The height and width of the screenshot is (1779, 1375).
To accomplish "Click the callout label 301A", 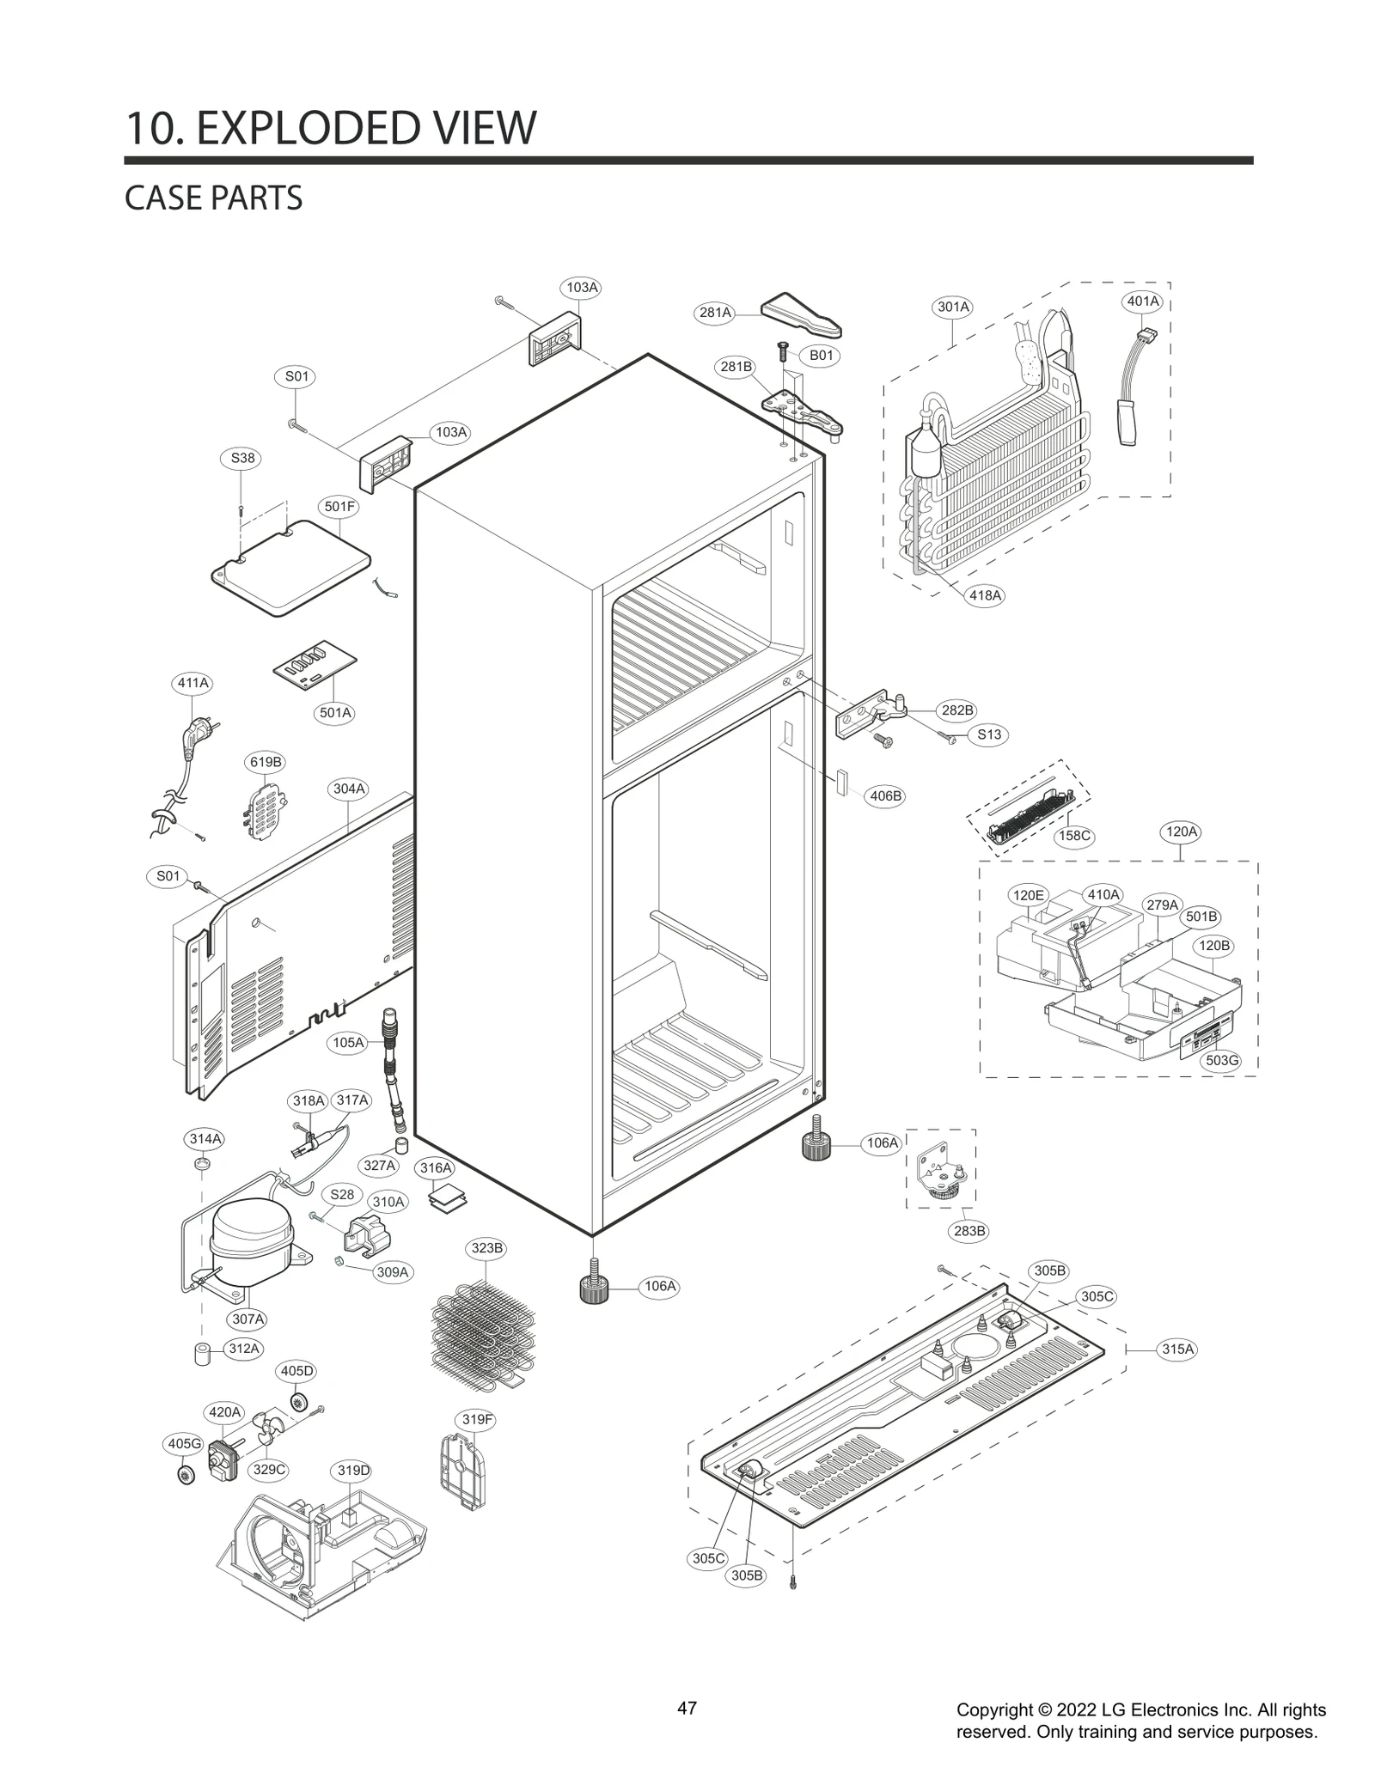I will tap(953, 307).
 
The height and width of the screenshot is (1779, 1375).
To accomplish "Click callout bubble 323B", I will tap(486, 1248).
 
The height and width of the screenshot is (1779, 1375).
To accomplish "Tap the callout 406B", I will tap(885, 796).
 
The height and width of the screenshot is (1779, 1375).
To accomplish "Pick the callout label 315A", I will tap(1177, 1349).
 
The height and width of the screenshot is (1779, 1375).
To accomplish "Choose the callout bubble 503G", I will tap(1221, 1061).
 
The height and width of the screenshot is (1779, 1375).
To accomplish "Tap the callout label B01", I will tap(821, 356).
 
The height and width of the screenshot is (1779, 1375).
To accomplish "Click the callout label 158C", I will tap(1073, 836).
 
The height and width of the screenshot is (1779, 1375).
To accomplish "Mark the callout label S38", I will tap(242, 458).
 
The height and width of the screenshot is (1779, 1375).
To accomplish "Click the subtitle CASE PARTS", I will tap(213, 198).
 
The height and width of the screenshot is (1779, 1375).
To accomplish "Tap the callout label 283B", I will tap(969, 1231).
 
